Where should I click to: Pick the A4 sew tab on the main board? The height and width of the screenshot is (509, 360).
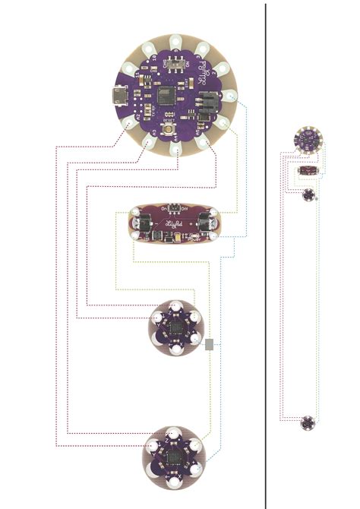tap(176, 150)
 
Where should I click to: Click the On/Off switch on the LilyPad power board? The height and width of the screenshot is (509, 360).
tap(173, 207)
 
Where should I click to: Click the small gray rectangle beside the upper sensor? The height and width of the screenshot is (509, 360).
tap(210, 346)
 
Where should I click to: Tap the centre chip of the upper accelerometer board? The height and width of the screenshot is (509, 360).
tap(175, 328)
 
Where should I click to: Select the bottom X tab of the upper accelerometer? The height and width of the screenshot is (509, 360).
tap(175, 353)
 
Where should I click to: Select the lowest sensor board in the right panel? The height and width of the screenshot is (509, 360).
tap(308, 423)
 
